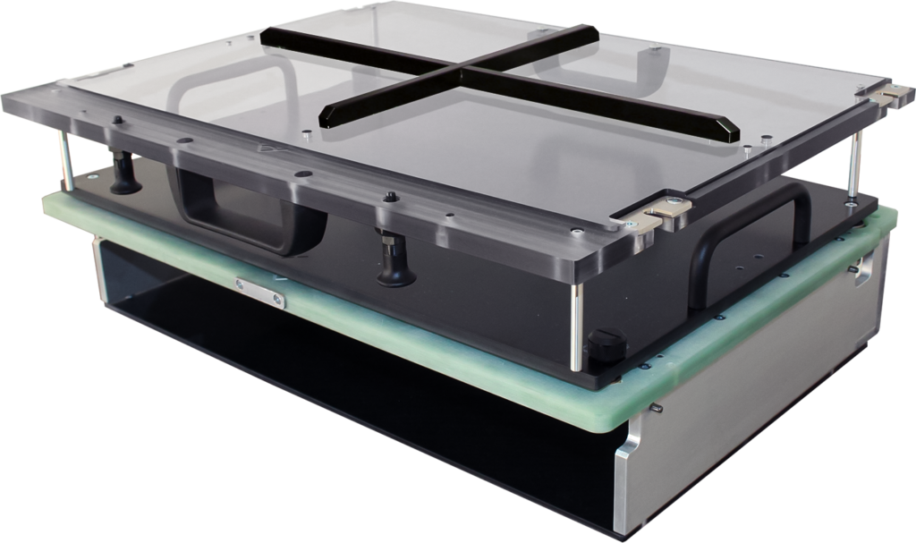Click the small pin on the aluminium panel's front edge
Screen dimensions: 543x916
pos(657,410)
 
